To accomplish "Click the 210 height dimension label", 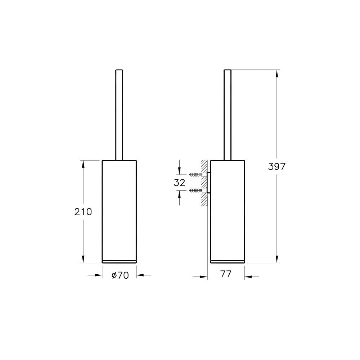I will point(83,212).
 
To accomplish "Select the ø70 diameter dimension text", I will point(120,275).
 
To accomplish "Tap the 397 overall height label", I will point(277,166).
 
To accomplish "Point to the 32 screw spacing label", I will point(179,183).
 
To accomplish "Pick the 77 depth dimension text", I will point(226,274).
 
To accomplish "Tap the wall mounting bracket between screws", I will point(208,183).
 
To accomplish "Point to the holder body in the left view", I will point(119,209).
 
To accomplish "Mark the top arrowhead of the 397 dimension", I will point(277,74).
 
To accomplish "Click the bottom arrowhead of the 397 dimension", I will point(277,259).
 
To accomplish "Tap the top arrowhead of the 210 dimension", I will point(83,164).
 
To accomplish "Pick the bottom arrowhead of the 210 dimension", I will point(83,259).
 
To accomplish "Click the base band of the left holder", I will point(119,261).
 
